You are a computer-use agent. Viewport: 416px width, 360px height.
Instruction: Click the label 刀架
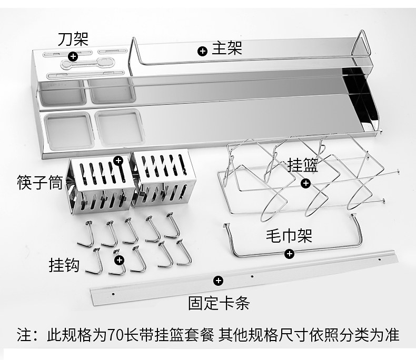pyautogui.click(x=73, y=39)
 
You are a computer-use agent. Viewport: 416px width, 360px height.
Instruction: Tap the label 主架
pyautogui.click(x=227, y=49)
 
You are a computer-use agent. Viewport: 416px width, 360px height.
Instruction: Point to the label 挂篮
pyautogui.click(x=303, y=166)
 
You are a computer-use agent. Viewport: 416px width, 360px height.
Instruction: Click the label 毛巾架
pyautogui.click(x=288, y=235)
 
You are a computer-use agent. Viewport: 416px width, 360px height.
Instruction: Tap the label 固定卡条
pyautogui.click(x=219, y=303)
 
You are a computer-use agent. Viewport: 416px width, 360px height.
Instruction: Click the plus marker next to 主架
pyautogui.click(x=202, y=51)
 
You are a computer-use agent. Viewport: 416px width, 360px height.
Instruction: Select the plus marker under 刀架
pyautogui.click(x=73, y=55)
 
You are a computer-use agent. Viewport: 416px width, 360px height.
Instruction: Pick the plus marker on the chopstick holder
pyautogui.click(x=118, y=159)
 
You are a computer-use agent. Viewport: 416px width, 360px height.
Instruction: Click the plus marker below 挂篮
pyautogui.click(x=305, y=183)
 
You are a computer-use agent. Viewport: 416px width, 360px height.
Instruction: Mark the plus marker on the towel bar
pyautogui.click(x=289, y=254)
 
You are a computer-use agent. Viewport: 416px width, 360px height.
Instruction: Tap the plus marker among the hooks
pyautogui.click(x=120, y=259)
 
